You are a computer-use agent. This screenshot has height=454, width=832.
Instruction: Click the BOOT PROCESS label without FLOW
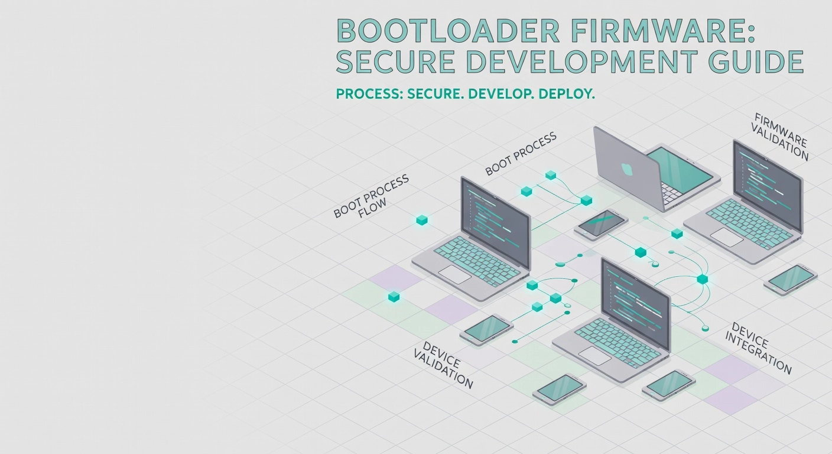coord(521,154)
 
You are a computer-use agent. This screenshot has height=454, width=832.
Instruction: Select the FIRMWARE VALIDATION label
coord(782,136)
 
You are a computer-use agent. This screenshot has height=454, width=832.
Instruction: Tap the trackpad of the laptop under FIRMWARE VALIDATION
coord(726,237)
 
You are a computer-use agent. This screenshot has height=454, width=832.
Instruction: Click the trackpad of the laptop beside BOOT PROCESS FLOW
coord(454,274)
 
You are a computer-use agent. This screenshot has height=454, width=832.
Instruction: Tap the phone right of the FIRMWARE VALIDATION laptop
coord(790,277)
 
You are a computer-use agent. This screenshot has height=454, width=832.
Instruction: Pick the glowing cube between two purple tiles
coord(394,296)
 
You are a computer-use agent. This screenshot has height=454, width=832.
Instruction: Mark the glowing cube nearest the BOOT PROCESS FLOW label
coord(421,220)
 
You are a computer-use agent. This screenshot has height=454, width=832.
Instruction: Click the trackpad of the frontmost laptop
coord(594,355)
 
